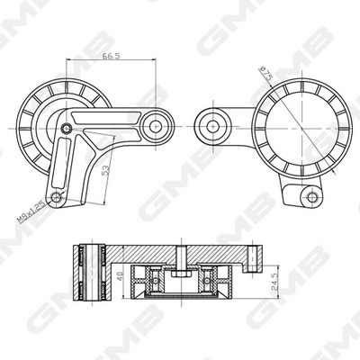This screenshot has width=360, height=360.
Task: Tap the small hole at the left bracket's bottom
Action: pos(58,198)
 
